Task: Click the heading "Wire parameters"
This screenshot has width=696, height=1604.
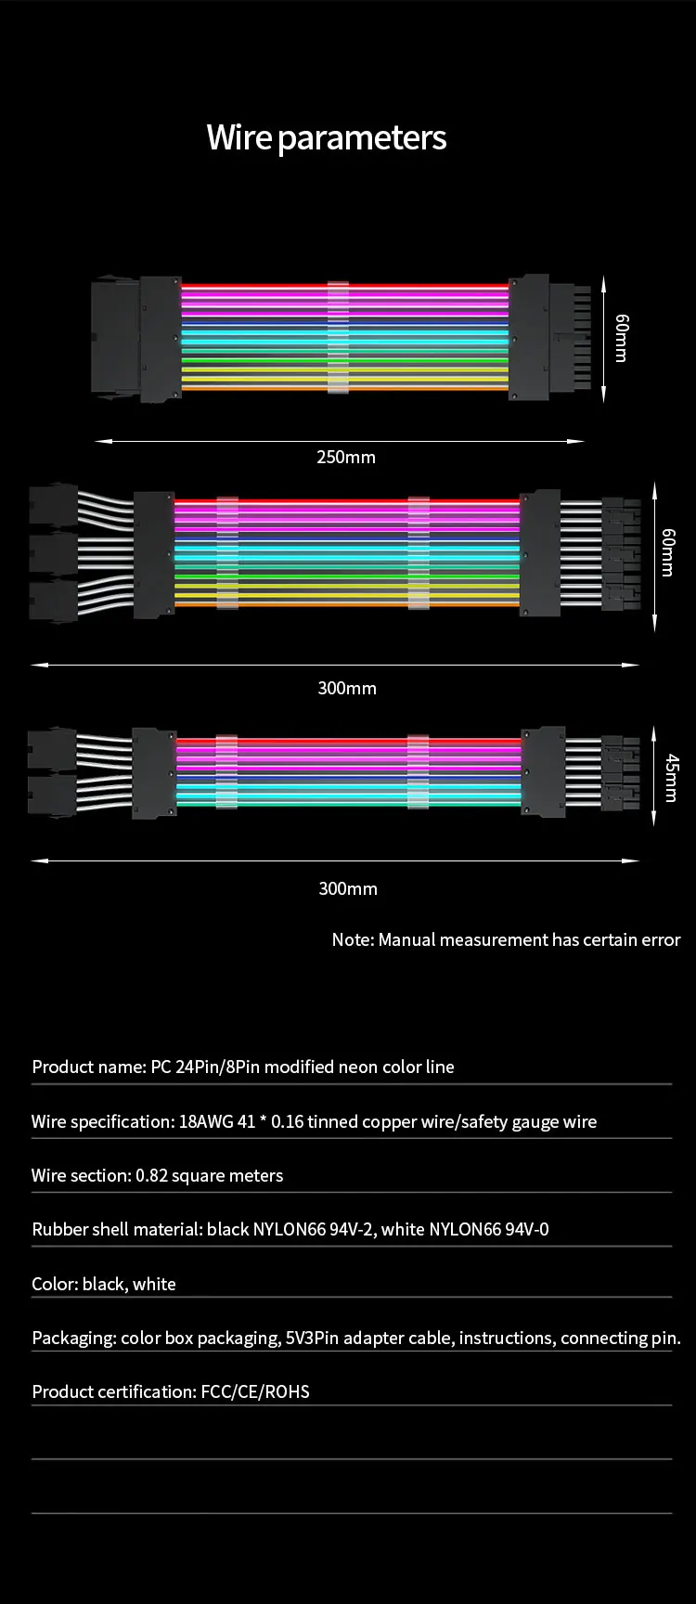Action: (327, 138)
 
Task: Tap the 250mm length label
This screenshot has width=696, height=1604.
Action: (346, 457)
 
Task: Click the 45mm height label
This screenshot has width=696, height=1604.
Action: (672, 777)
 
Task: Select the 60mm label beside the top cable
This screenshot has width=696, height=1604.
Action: (621, 338)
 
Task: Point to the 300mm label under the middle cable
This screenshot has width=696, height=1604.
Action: (347, 688)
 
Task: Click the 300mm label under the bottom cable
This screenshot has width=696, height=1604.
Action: (348, 888)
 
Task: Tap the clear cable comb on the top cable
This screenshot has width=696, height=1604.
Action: (338, 337)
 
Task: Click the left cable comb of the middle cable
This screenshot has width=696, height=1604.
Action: (227, 552)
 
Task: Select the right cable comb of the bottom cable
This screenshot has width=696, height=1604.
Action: (419, 771)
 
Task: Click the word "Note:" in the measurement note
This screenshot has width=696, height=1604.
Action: (353, 939)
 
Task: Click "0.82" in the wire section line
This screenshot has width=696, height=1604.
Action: (151, 1175)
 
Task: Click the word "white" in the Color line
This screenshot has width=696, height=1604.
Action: (154, 1284)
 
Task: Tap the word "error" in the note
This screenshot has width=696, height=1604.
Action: (660, 939)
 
